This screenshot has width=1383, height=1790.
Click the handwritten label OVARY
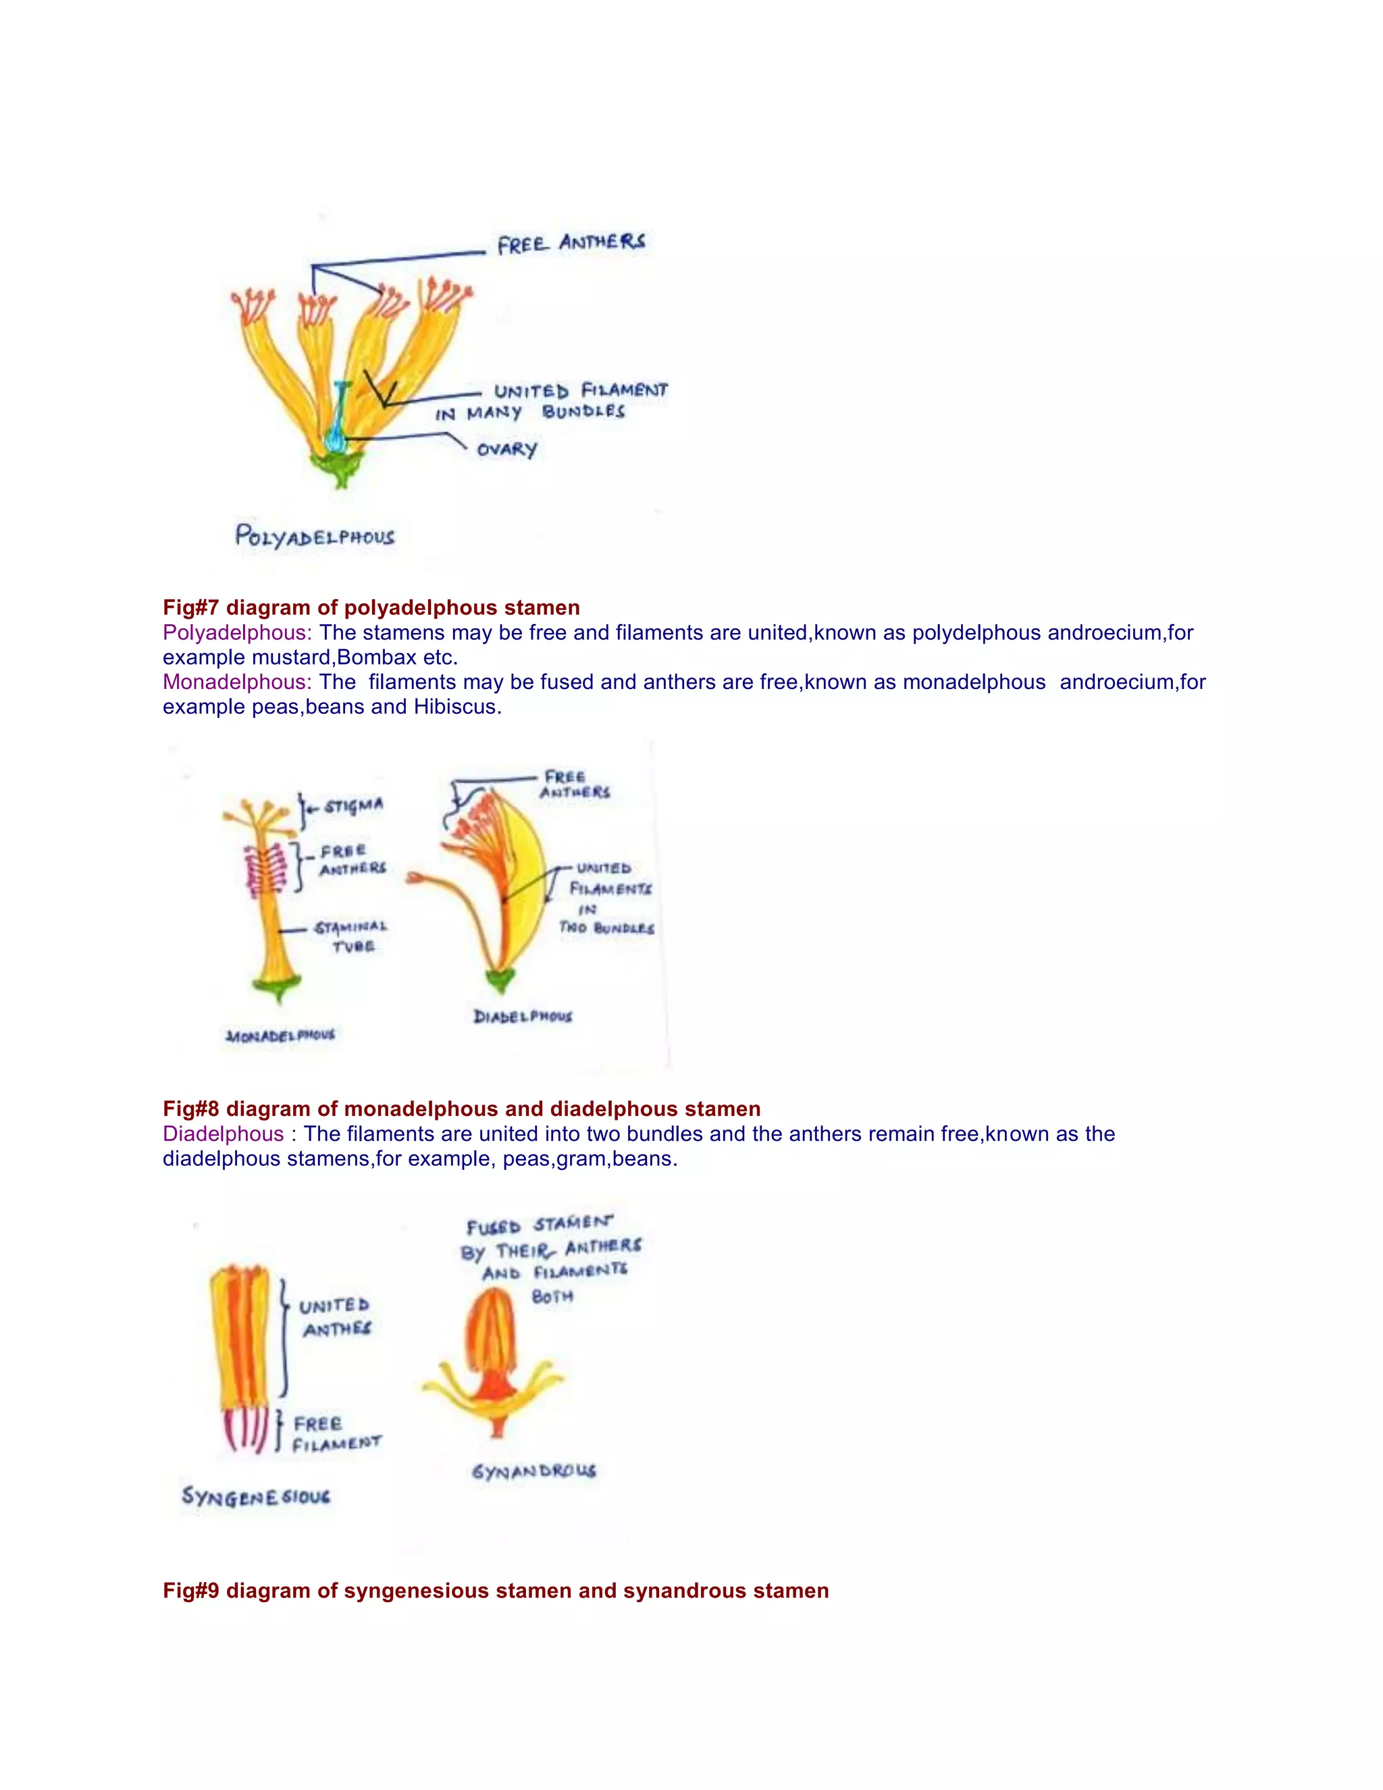click(x=506, y=449)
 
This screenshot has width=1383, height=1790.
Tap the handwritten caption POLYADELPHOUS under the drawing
click(x=315, y=537)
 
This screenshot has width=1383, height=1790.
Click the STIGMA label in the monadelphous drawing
click(x=353, y=807)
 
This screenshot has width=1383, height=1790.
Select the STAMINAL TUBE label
click(x=351, y=936)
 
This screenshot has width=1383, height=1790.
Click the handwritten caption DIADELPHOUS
click(x=523, y=1017)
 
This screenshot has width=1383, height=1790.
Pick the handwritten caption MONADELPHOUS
click(x=280, y=1036)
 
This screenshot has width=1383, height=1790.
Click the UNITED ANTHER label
click(x=335, y=1317)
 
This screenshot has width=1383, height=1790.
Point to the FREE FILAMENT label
click(x=336, y=1433)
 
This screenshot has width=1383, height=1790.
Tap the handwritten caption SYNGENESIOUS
click(x=256, y=1497)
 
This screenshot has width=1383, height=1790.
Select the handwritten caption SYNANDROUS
click(x=533, y=1471)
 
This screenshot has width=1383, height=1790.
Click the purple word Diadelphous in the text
click(x=223, y=1133)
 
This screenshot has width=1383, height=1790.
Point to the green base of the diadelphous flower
click(x=499, y=979)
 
